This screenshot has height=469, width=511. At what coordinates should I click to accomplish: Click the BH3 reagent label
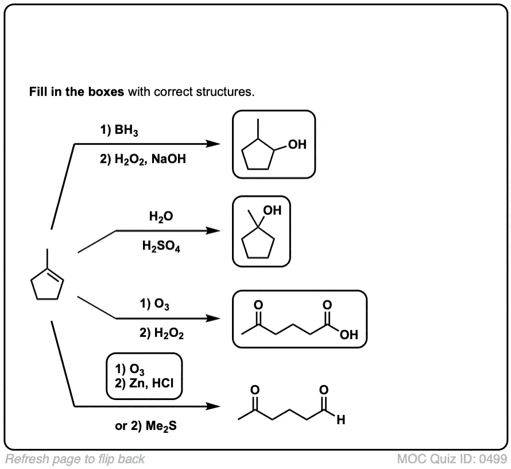(x=119, y=131)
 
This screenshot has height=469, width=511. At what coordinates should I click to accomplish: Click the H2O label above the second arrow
(x=160, y=217)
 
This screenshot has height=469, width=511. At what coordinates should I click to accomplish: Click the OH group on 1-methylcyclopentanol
(x=273, y=211)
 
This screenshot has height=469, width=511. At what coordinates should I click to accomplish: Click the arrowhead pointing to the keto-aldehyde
(x=213, y=406)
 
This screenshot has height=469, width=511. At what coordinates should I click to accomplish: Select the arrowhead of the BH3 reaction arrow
(x=213, y=144)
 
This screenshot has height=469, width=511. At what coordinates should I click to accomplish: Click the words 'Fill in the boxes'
(x=76, y=92)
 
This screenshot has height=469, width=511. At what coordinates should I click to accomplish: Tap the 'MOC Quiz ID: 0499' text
(x=452, y=459)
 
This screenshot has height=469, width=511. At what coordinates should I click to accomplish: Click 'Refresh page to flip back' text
(x=75, y=459)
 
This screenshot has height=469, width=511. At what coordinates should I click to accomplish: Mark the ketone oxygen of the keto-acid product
(x=258, y=305)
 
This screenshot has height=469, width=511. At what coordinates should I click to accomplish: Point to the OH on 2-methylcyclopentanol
(x=297, y=145)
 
